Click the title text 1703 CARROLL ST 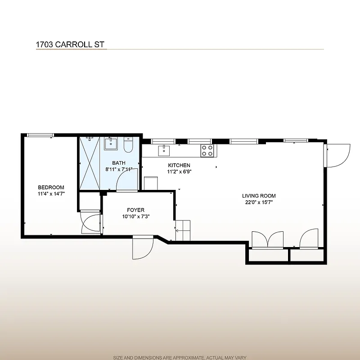pyautogui.click(x=70, y=45)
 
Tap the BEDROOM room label pyautogui.click(x=51, y=187)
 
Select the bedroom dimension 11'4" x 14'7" pyautogui.click(x=51, y=194)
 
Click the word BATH pyautogui.click(x=119, y=163)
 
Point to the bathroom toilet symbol pyautogui.click(x=128, y=144)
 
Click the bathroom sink pyautogui.click(x=111, y=144)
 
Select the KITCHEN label pyautogui.click(x=179, y=165)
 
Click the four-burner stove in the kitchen pyautogui.click(x=207, y=150)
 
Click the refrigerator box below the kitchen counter pyautogui.click(x=150, y=183)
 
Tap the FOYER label pyautogui.click(x=135, y=210)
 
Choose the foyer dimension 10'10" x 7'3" pyautogui.click(x=135, y=216)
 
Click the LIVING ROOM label pyautogui.click(x=259, y=196)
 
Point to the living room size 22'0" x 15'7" pyautogui.click(x=259, y=202)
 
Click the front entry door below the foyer pyautogui.click(x=143, y=247)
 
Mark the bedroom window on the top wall pyautogui.click(x=40, y=135)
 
